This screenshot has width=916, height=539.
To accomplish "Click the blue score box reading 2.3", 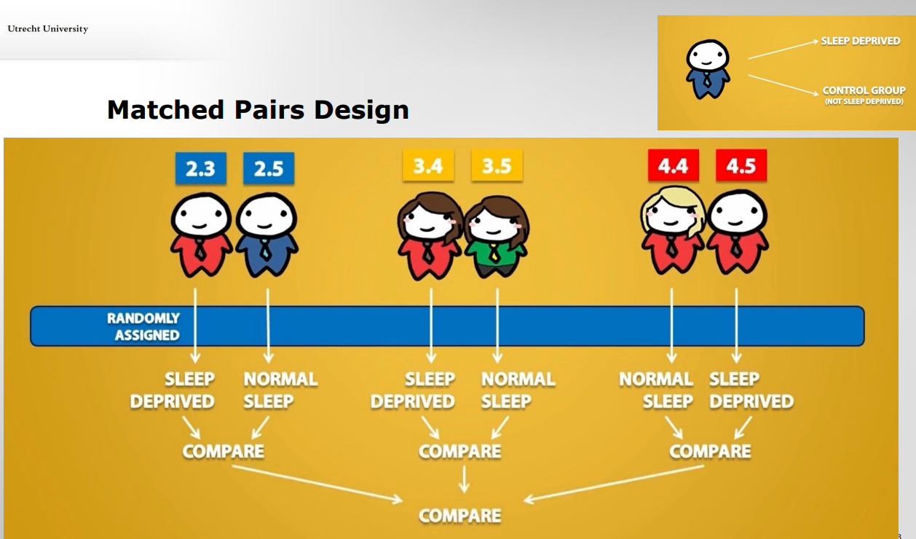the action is click(x=201, y=168).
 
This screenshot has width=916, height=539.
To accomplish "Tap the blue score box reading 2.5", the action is click(x=269, y=168).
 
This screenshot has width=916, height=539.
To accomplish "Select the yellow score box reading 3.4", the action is click(x=428, y=165).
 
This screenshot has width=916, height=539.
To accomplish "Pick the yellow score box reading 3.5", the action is click(x=497, y=165).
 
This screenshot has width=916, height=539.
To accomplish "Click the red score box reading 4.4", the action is click(x=674, y=165).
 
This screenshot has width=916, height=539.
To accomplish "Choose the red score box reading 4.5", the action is click(x=741, y=165).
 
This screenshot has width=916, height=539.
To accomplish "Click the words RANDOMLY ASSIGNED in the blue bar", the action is click(x=143, y=327).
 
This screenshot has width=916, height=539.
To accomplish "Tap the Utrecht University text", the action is click(x=48, y=28).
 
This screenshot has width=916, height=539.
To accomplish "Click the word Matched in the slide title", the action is click(x=165, y=109).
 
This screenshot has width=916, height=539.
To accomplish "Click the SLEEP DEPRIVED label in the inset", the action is click(x=861, y=41).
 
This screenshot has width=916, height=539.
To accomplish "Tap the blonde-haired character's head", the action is click(x=673, y=211).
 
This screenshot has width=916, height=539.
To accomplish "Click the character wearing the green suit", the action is click(x=497, y=237).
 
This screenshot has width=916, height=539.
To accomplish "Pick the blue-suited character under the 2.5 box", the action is click(x=267, y=235).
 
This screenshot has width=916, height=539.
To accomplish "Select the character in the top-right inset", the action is click(x=708, y=69).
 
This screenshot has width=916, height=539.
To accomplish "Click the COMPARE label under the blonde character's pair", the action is click(x=711, y=452).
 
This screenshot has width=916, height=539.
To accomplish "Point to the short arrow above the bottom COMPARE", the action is click(x=464, y=479).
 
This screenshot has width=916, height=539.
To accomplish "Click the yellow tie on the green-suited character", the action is click(x=494, y=252).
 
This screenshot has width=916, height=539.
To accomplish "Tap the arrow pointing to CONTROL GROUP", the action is click(x=783, y=84).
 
